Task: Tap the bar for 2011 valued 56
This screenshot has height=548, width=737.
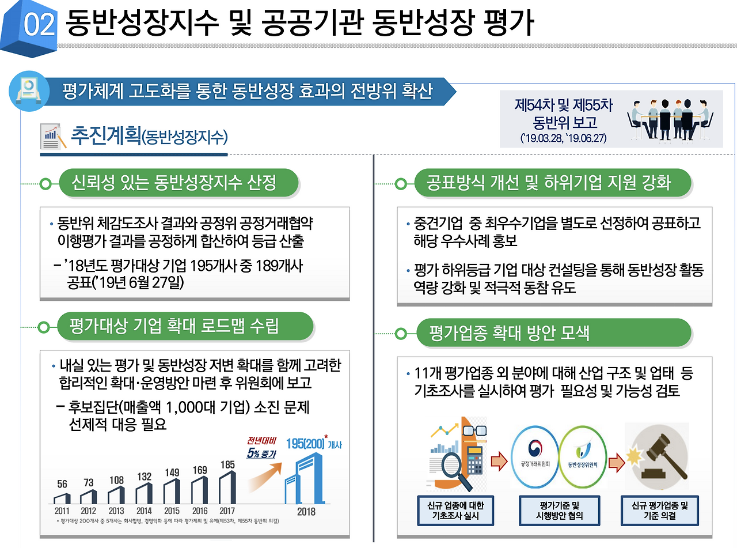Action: tap(62, 498)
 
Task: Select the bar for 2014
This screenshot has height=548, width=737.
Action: tap(145, 493)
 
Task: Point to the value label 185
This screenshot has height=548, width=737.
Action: tap(227, 464)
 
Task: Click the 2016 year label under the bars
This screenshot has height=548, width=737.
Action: tap(200, 511)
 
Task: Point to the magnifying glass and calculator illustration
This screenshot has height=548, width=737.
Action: tap(458, 455)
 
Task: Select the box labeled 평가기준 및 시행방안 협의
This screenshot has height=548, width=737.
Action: tap(559, 511)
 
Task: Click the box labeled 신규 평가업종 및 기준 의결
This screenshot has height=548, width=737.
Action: tap(660, 511)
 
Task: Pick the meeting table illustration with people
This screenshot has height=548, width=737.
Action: tap(670, 119)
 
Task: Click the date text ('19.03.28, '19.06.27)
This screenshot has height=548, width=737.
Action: tap(564, 139)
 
